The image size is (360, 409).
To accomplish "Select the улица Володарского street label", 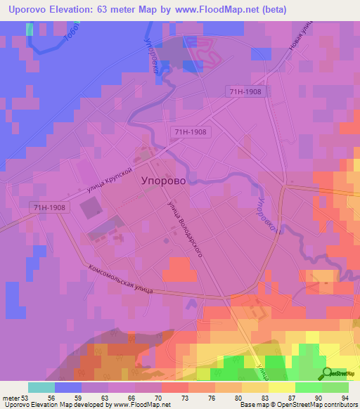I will click(185, 229).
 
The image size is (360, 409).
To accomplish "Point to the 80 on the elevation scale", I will click(240, 397).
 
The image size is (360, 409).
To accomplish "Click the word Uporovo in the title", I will click(28, 10).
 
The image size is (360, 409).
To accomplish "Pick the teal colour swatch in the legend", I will click(41, 387).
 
